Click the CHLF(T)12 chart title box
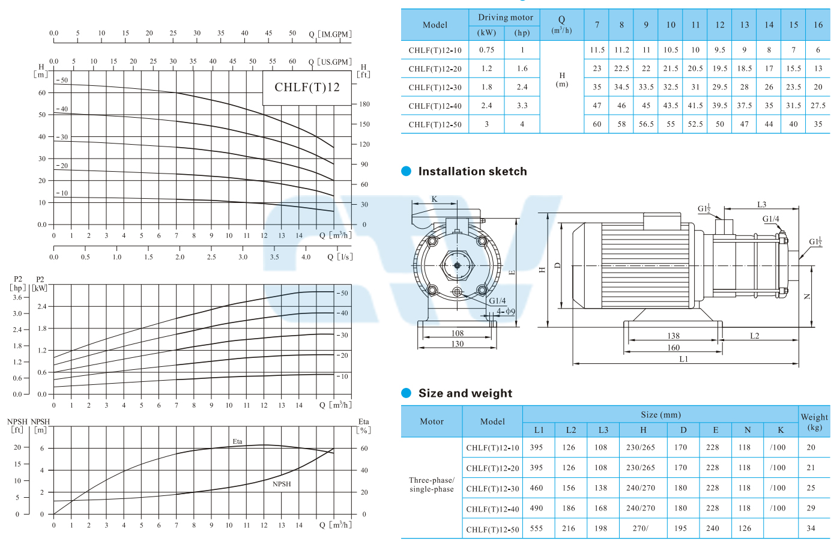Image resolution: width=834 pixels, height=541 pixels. (x=307, y=88)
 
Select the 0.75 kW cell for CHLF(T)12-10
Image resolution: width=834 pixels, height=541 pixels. (x=486, y=50)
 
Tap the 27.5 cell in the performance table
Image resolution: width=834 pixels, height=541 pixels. (x=818, y=106)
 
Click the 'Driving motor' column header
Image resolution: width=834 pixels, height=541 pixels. (x=505, y=17)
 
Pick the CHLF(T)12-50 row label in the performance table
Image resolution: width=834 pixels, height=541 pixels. (x=435, y=124)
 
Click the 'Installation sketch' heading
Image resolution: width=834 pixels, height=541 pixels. (x=473, y=171)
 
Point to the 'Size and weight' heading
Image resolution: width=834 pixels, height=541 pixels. (x=465, y=393)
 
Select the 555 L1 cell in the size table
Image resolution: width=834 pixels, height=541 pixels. (x=536, y=528)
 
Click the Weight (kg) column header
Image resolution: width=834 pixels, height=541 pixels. (x=814, y=422)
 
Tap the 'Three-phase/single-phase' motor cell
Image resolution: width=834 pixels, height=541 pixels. (x=432, y=485)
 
